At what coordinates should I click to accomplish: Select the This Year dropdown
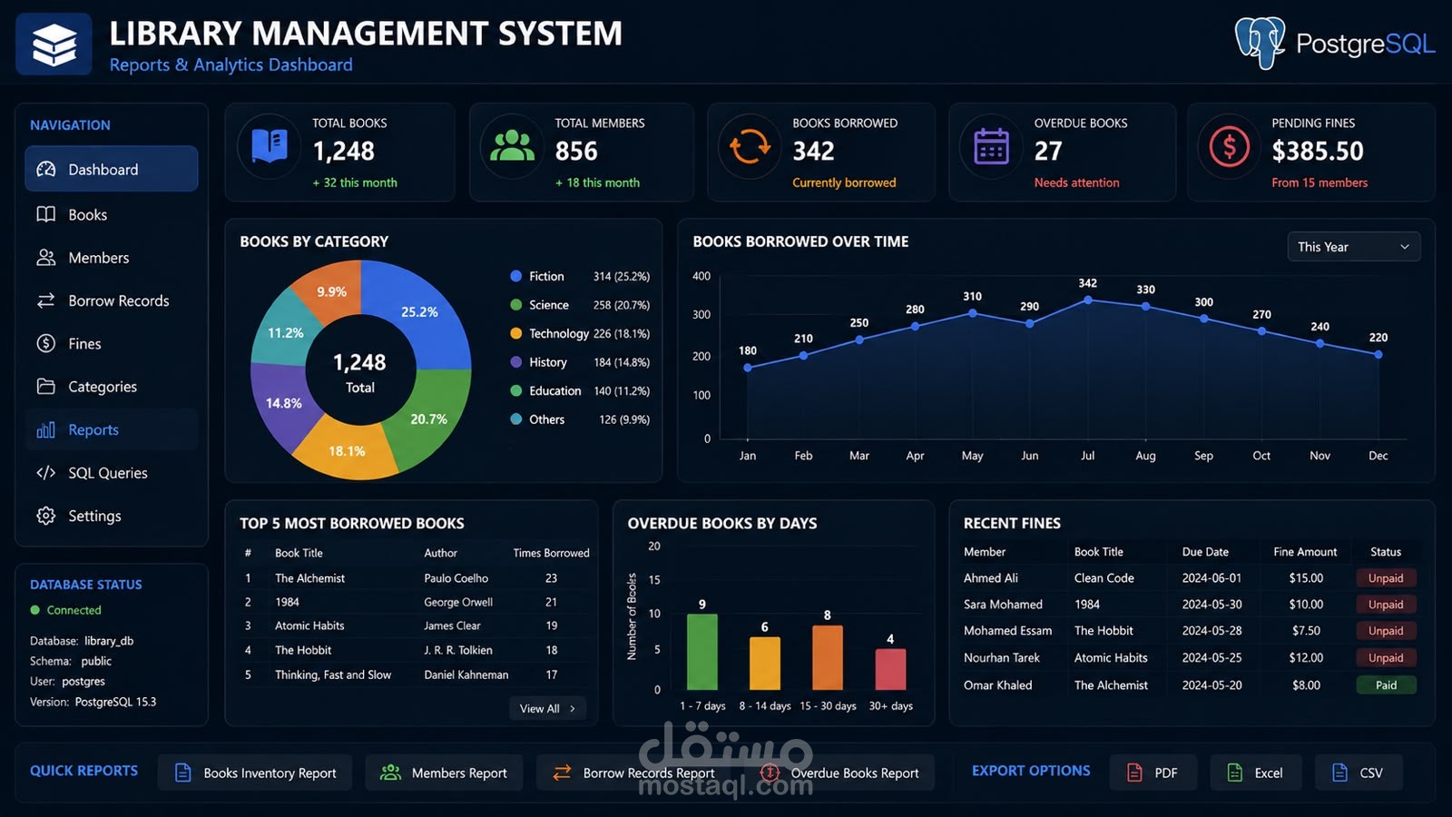(x=1353, y=246)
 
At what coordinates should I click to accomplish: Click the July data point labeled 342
(x=1088, y=300)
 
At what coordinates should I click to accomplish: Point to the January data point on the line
(x=748, y=368)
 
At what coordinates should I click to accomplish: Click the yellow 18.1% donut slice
(x=347, y=448)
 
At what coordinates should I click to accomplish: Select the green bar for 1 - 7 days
(x=702, y=652)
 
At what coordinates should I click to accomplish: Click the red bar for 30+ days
(x=890, y=669)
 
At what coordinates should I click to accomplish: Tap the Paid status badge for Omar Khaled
(x=1386, y=684)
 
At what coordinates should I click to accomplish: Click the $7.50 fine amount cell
(x=1306, y=630)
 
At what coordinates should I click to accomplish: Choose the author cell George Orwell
(x=458, y=602)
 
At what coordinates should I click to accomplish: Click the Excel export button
(x=1256, y=773)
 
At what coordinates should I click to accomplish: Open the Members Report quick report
(x=444, y=773)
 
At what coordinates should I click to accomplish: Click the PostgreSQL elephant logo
(x=1260, y=43)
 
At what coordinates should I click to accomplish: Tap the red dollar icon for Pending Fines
(x=1229, y=147)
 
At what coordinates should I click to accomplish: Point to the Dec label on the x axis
(x=1378, y=455)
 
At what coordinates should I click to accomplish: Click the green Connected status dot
(x=35, y=609)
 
